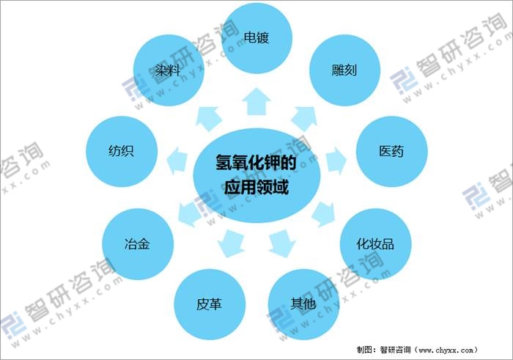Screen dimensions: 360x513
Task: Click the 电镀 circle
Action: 256,37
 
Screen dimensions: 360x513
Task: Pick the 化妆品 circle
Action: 374,243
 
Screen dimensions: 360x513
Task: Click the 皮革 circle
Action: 208,303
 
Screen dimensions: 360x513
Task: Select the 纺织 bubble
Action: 121,152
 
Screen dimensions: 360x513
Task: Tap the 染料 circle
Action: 168,71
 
